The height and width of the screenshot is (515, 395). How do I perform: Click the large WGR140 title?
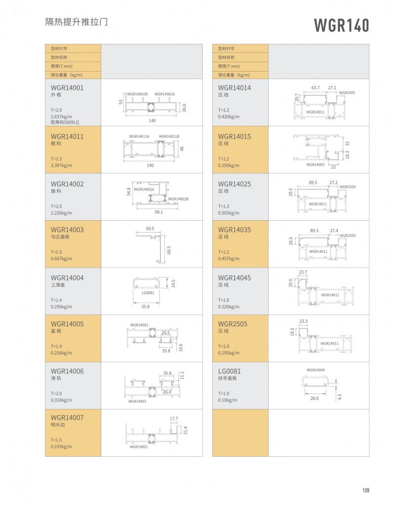(341, 25)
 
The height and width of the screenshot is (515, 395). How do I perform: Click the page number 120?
(366, 490)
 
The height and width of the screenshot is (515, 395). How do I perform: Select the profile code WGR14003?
(67, 230)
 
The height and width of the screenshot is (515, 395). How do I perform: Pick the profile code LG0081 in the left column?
(227, 371)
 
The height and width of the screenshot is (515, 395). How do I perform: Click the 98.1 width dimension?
(158, 212)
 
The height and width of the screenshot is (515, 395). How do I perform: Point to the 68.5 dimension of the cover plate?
(169, 251)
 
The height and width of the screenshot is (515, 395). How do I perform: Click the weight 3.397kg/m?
(62, 165)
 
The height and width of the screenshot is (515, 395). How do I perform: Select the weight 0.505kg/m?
(229, 213)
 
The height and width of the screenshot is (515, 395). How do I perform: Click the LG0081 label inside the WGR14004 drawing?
(148, 293)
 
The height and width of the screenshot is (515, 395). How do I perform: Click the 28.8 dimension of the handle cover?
(315, 397)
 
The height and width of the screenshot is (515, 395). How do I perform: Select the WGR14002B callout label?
(178, 199)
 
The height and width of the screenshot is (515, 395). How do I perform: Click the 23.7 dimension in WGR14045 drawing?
(303, 273)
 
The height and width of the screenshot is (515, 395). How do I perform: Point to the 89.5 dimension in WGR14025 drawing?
(313, 183)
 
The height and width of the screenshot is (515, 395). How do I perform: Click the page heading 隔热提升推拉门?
(77, 23)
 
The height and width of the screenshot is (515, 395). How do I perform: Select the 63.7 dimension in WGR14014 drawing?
(316, 87)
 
